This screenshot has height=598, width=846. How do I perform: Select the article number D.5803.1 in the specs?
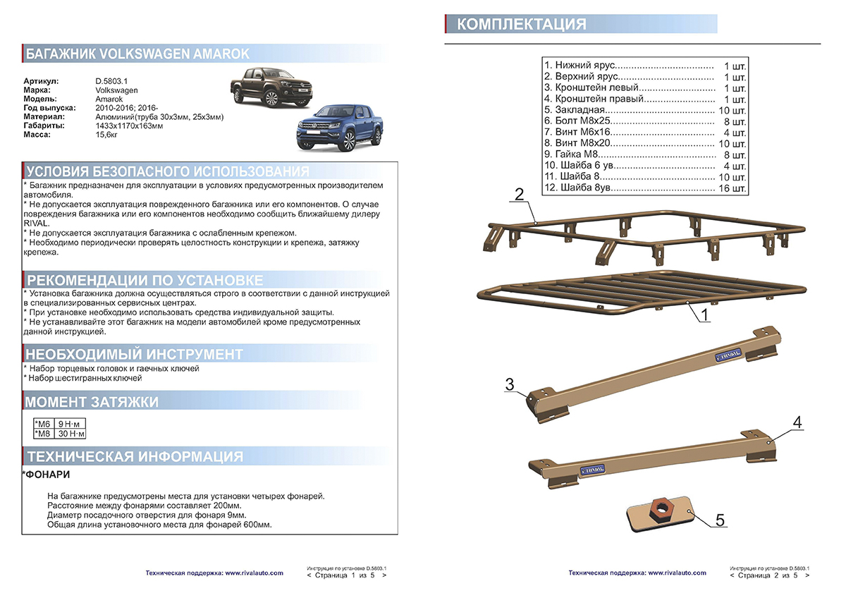tap(111, 82)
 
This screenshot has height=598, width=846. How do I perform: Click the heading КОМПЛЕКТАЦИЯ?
tap(522, 25)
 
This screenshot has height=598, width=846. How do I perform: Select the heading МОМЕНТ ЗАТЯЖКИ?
tap(92, 403)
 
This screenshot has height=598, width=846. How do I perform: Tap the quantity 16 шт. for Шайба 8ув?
tap(732, 188)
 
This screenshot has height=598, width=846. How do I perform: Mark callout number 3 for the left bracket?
tap(510, 384)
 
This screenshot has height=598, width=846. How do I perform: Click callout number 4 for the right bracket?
tap(797, 422)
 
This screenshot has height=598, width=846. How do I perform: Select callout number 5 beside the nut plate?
tap(720, 520)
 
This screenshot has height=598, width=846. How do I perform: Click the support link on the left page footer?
tap(214, 573)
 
